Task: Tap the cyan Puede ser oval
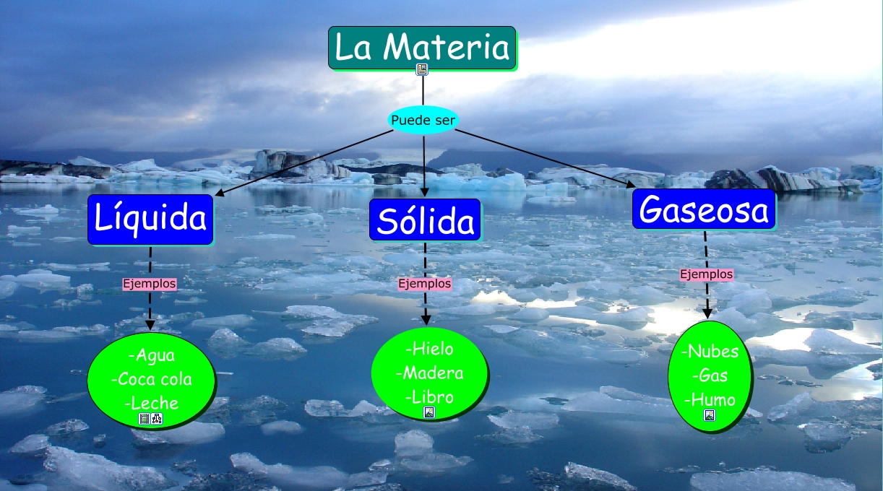[423, 120]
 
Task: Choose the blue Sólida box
[425, 220]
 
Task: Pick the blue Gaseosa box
[704, 210]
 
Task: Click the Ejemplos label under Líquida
[150, 284]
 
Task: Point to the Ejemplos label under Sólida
[425, 284]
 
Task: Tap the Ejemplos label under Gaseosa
[707, 274]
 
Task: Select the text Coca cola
[152, 379]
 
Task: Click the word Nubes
[710, 352]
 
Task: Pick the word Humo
[710, 399]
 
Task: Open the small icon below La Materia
[422, 69]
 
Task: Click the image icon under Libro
[429, 412]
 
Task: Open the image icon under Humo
[710, 415]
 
